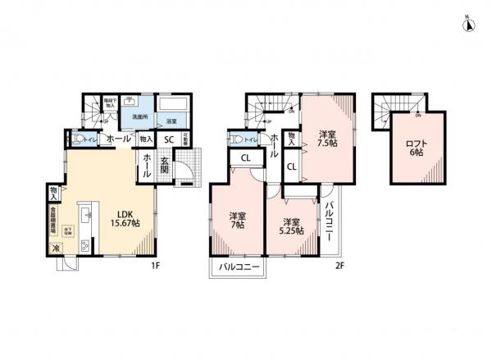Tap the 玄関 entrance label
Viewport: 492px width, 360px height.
point(165,160)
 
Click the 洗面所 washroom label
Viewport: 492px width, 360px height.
point(139,117)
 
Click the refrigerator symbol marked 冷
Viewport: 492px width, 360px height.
point(57,248)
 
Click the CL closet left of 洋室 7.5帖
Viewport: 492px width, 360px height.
point(292,166)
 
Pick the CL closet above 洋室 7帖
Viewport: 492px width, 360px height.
point(244,158)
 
